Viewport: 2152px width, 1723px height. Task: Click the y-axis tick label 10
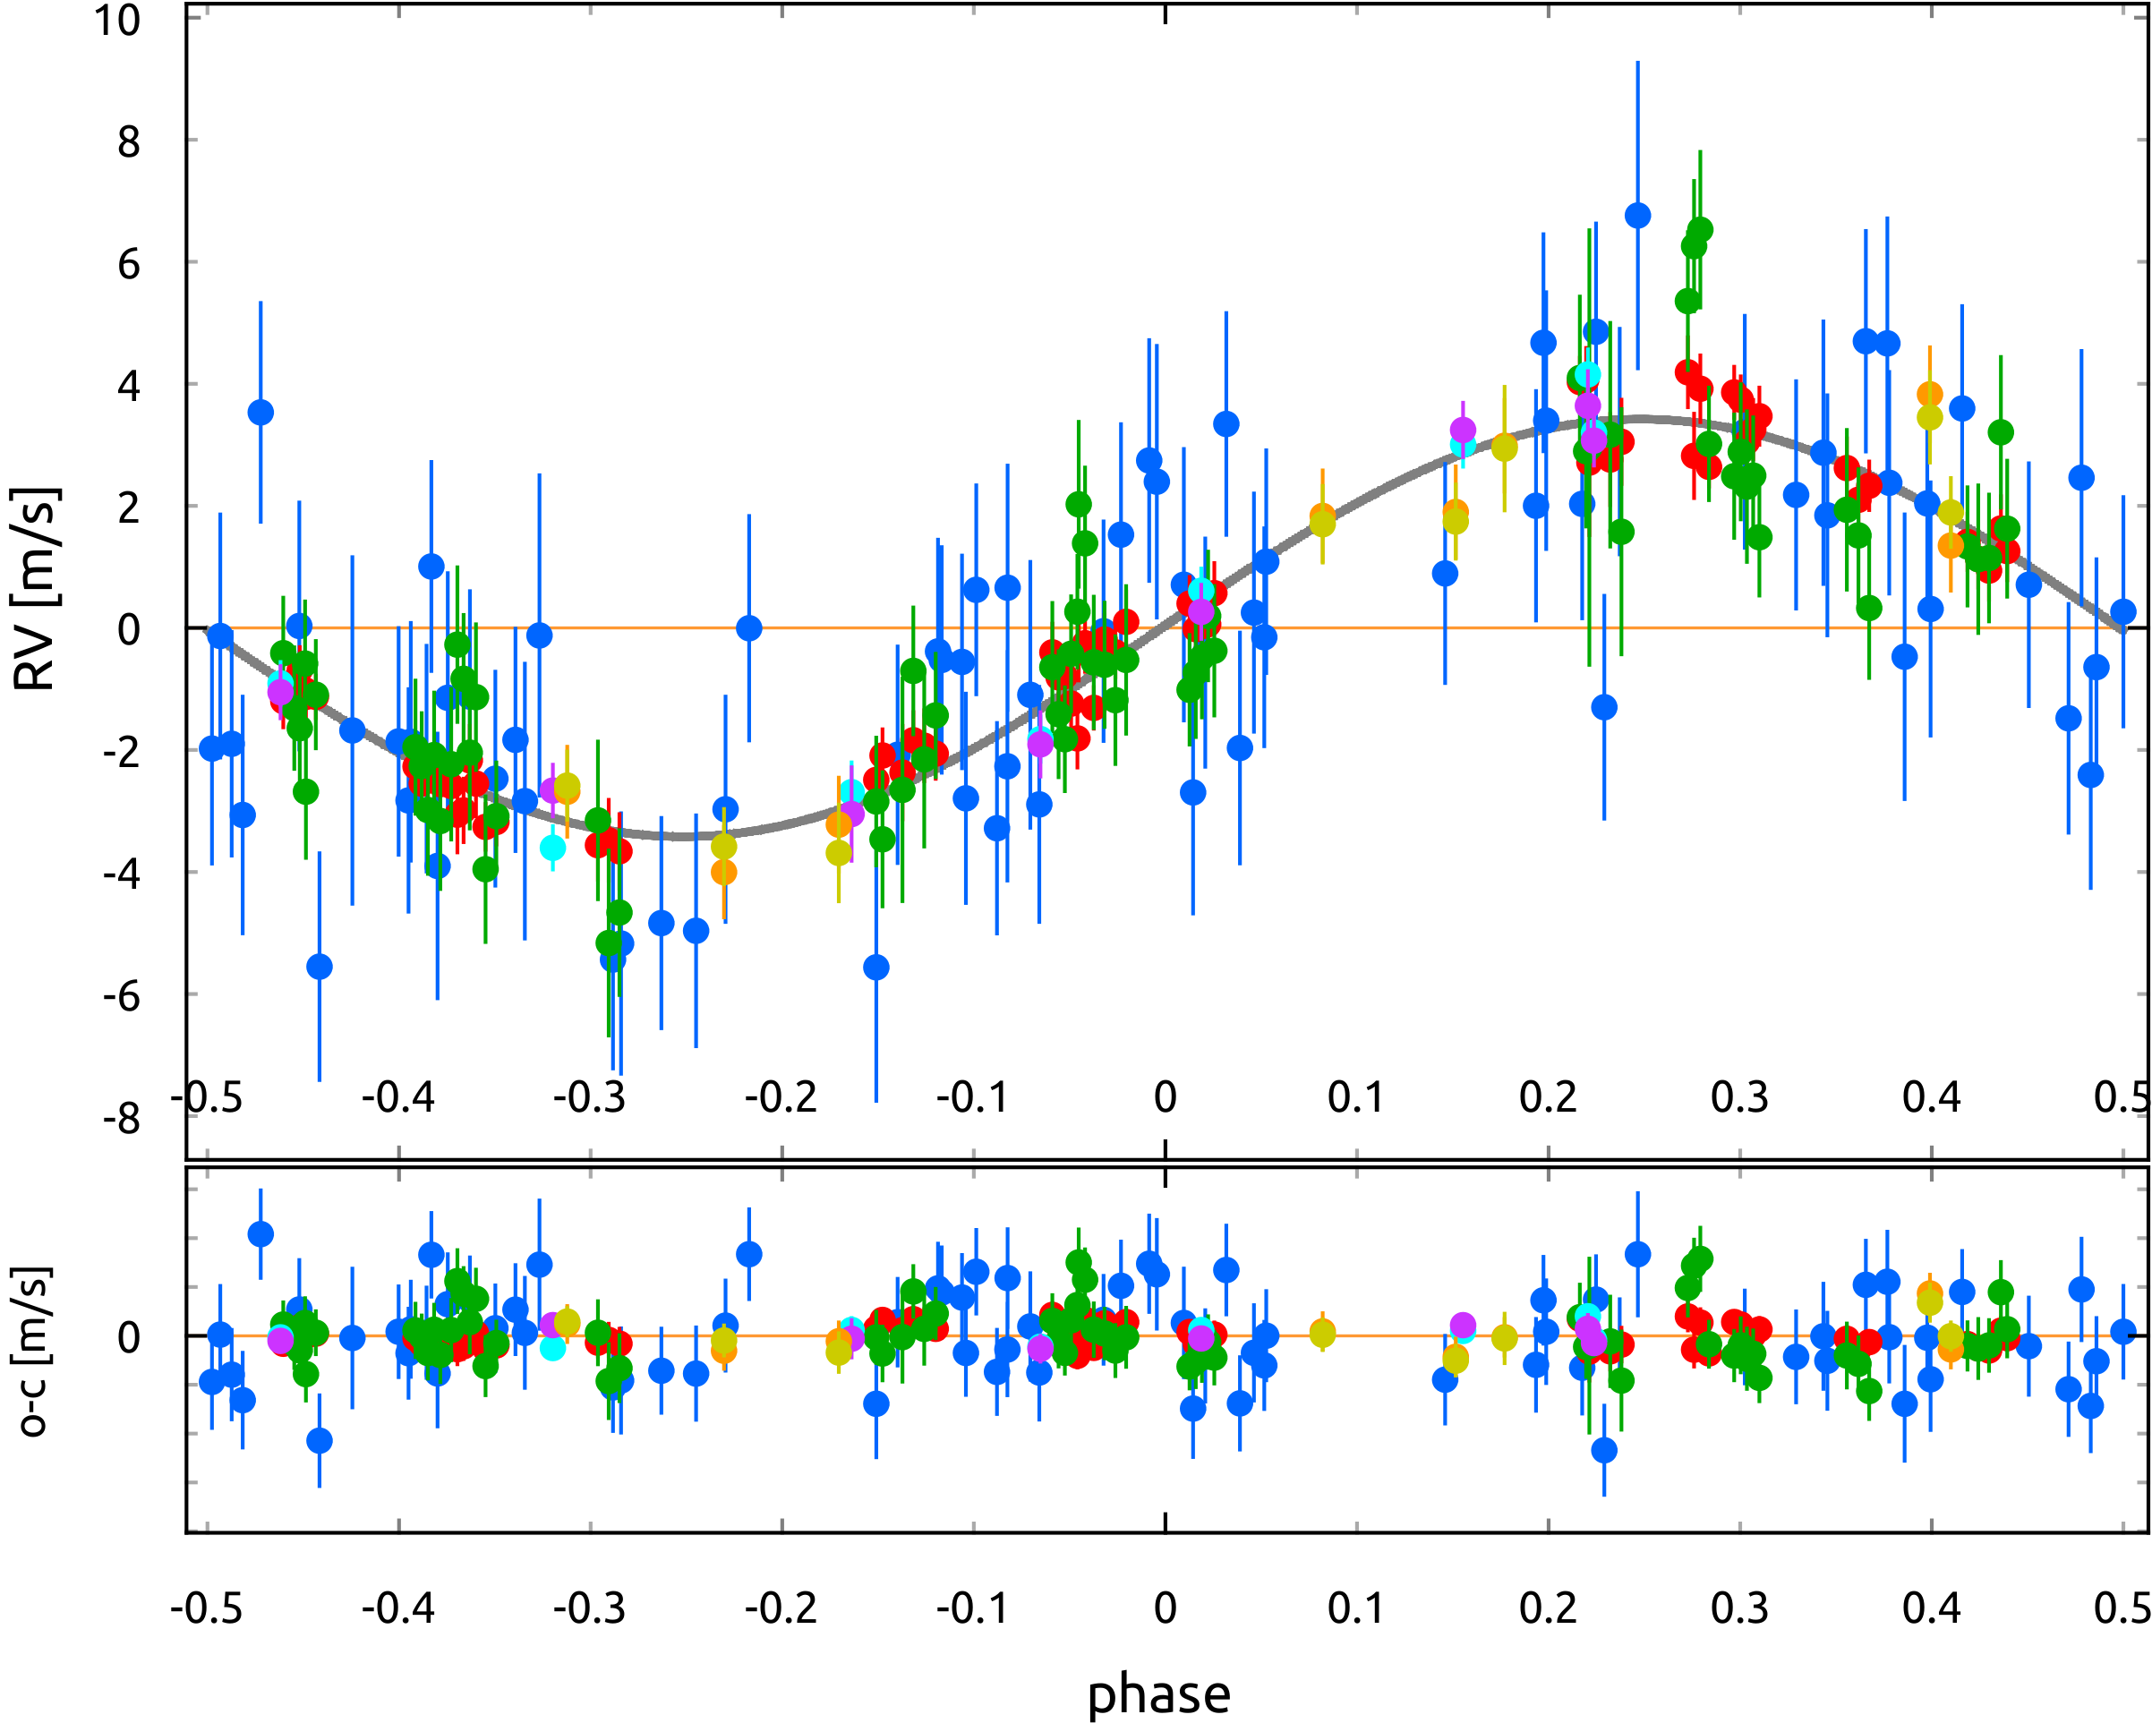[118, 20]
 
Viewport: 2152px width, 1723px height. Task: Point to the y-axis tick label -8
[122, 1118]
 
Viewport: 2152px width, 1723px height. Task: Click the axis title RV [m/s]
[36, 589]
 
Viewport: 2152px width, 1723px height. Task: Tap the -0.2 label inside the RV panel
[781, 1097]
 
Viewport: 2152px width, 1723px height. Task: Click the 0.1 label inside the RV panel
[1355, 1097]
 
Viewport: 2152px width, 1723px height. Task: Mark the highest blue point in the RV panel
[1637, 216]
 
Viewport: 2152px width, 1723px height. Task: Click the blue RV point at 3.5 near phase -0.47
[260, 413]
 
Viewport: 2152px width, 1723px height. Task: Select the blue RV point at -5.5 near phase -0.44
[320, 967]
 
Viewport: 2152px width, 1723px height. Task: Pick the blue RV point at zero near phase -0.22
[748, 628]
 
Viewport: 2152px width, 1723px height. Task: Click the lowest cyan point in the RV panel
[553, 848]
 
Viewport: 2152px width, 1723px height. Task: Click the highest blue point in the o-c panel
[260, 1235]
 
